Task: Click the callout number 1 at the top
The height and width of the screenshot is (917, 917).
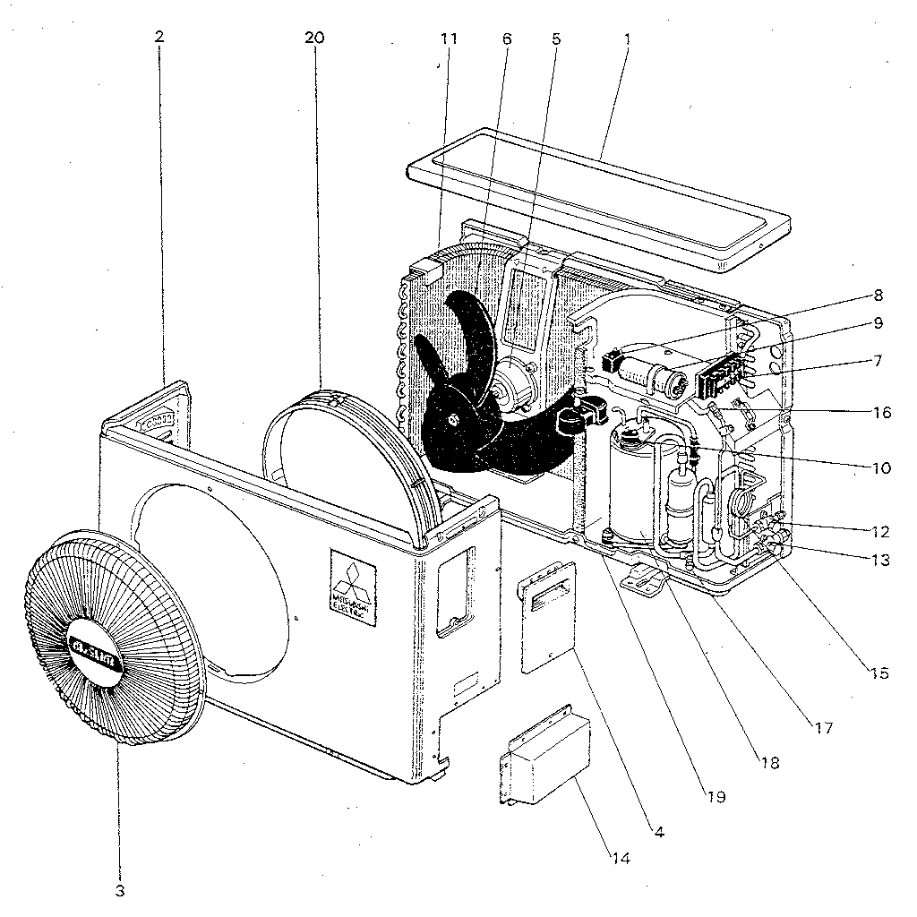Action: click(x=627, y=39)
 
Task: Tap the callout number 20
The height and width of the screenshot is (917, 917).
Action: click(x=314, y=38)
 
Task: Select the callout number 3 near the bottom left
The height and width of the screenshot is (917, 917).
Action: click(x=119, y=891)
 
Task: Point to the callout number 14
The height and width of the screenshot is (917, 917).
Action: click(x=621, y=858)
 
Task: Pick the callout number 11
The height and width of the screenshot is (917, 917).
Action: click(x=449, y=39)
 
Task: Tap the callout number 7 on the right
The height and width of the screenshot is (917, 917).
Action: click(x=878, y=361)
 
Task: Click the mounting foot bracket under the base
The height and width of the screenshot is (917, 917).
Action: click(x=650, y=578)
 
